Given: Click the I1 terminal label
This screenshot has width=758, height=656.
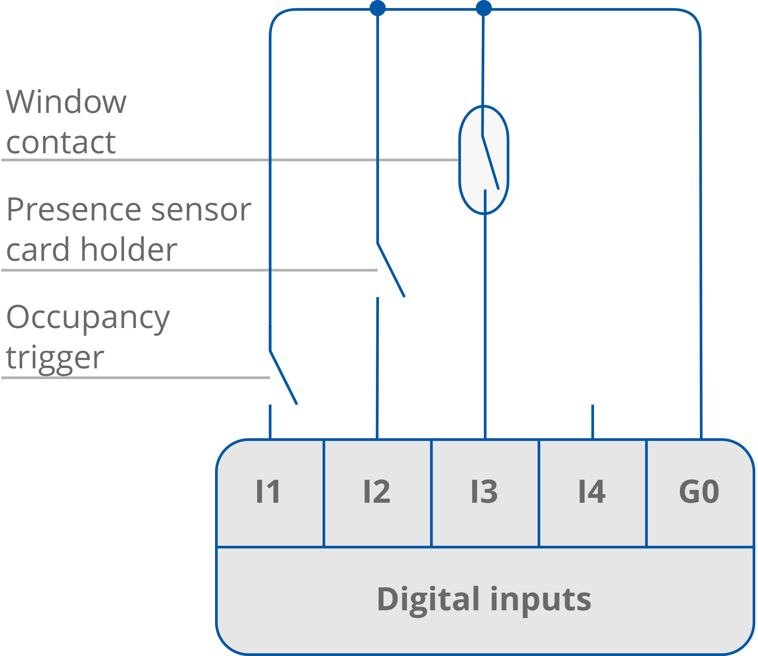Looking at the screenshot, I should (x=268, y=492).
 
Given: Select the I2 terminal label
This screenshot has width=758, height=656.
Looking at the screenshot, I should (x=377, y=492).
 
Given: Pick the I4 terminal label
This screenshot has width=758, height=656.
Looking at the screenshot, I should (x=592, y=492).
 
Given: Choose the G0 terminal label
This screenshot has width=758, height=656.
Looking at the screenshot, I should (x=699, y=492).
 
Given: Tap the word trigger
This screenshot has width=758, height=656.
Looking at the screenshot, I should (x=55, y=358).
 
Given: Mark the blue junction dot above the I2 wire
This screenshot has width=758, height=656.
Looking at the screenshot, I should (x=377, y=8).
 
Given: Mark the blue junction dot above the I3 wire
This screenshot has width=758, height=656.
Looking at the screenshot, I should (x=484, y=8).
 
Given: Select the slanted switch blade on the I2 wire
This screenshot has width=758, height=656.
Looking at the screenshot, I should (x=391, y=270).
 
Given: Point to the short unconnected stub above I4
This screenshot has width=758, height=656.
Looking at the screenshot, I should (x=593, y=421).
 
